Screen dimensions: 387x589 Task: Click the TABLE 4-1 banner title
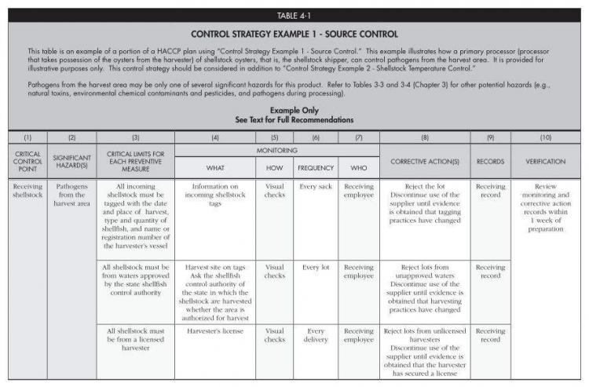click(294, 16)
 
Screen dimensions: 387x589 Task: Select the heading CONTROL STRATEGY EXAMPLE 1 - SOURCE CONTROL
click(294, 35)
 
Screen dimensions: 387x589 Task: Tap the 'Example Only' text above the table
click(294, 111)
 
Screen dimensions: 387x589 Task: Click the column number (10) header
click(544, 137)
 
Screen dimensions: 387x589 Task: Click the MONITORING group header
click(276, 149)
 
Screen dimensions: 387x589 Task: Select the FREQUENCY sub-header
click(315, 167)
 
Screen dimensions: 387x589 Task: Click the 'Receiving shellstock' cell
click(27, 191)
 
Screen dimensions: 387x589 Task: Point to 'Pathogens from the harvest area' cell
click(71, 195)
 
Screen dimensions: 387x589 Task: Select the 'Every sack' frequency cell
click(315, 187)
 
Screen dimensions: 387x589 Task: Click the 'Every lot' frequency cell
click(315, 268)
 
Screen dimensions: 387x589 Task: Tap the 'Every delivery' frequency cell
click(315, 335)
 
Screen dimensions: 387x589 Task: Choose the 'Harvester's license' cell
click(214, 331)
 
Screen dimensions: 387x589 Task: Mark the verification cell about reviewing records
click(544, 203)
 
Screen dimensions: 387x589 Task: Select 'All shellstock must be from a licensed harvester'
click(134, 335)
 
